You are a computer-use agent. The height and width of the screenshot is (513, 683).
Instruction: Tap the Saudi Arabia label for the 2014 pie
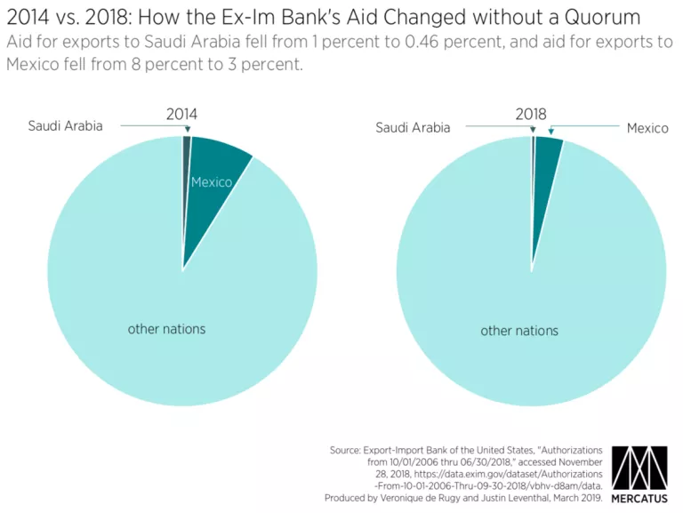65,125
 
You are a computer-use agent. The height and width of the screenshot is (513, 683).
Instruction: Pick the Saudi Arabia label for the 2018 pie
413,127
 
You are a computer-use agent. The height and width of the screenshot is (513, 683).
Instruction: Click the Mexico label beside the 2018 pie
647,128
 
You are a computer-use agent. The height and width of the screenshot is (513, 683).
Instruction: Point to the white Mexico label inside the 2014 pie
212,182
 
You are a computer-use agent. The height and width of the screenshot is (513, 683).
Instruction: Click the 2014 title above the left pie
181,114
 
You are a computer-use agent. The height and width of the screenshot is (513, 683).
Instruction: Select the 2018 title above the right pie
531,114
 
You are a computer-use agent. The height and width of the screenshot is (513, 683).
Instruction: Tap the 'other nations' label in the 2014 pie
166,329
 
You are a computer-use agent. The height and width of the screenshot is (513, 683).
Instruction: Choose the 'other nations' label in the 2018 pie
519,331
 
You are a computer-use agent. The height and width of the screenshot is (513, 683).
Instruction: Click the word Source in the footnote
350,451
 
